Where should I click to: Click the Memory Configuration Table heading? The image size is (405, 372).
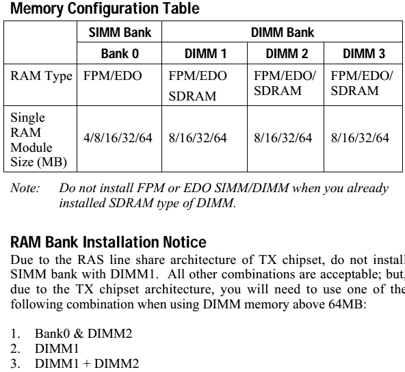coord(105,9)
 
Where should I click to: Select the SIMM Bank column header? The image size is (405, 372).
coord(120,33)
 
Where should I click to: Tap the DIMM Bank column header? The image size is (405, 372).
coord(283,33)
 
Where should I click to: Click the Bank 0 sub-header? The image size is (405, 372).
coord(120,54)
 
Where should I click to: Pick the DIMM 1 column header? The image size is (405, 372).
coord(205,54)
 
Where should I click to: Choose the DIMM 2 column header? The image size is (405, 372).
coord(287,54)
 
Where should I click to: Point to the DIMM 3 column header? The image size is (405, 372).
coord(364,54)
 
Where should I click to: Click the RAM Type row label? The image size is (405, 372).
coord(41,77)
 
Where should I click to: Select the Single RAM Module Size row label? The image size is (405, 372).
coord(39,139)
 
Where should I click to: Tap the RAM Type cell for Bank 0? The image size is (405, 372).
coord(112,76)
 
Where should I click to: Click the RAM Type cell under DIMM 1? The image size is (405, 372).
coord(198,85)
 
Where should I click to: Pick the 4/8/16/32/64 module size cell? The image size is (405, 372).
coord(118,138)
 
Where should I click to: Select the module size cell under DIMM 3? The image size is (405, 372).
coord(360,138)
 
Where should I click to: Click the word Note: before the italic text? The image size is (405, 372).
coord(25,188)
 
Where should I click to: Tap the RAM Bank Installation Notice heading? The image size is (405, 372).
coord(108,242)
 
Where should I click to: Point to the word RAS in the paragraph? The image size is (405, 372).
coord(90,260)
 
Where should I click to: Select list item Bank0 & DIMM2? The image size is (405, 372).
coord(83,333)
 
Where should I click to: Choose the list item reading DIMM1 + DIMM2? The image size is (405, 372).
coord(87,364)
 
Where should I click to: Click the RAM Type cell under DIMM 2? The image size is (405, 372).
coord(285,83)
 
